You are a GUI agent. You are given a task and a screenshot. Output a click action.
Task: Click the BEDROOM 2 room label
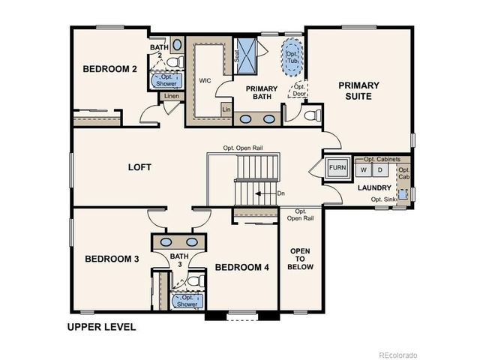point(109,69)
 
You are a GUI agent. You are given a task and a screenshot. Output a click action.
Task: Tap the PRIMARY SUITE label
point(358,91)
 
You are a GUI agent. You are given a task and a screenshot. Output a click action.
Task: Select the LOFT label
point(139,166)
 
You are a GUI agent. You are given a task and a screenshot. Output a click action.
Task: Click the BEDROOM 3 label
point(112,259)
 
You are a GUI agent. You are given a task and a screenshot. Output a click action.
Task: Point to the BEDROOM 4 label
point(241,267)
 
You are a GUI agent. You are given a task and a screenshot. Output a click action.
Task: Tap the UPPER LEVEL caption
point(101,327)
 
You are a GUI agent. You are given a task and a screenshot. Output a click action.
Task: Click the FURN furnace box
point(337,169)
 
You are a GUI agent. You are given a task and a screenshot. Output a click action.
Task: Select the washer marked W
point(364,170)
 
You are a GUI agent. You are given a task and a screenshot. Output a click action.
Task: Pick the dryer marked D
point(379,170)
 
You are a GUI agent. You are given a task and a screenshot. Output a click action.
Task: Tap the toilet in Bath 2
point(174,61)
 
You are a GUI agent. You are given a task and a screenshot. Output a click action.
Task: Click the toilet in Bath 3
point(195,281)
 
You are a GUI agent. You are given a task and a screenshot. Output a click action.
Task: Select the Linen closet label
point(171,97)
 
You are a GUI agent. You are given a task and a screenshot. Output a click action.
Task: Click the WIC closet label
point(205,80)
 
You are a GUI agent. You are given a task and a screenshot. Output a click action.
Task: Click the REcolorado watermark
point(397,354)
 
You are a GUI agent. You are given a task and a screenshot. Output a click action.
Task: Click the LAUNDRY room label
point(374,187)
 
